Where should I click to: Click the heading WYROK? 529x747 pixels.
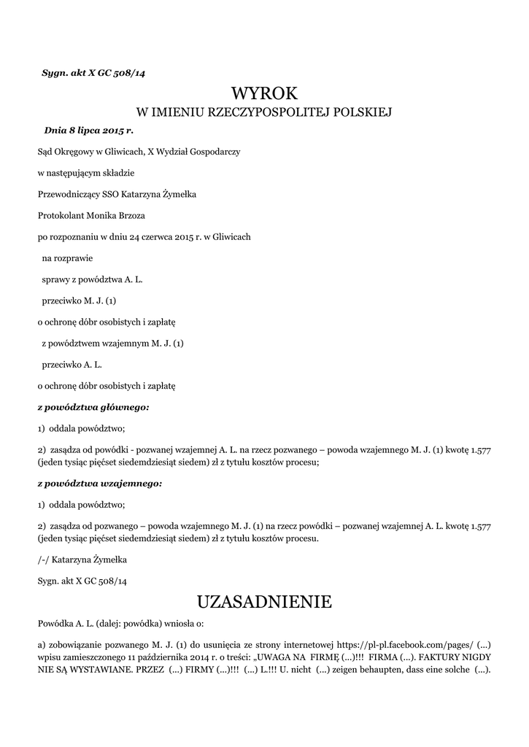[x=264, y=93]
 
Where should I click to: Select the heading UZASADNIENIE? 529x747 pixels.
[x=264, y=602]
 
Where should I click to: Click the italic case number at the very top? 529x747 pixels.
[x=99, y=71]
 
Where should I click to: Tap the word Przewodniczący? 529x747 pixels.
[x=72, y=194]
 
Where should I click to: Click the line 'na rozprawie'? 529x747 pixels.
[x=67, y=258]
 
